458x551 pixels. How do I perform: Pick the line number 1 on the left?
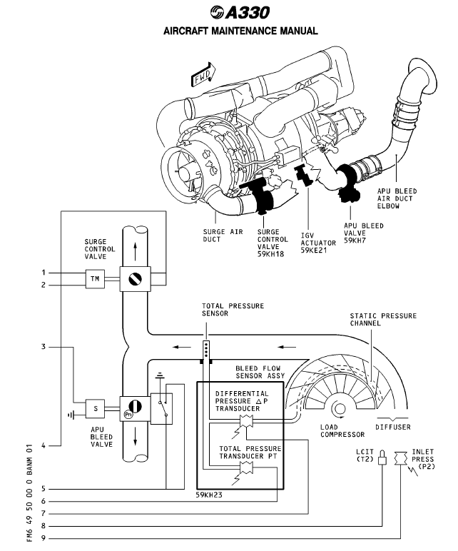(x=44, y=273)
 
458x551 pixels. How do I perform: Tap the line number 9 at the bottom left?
(x=44, y=539)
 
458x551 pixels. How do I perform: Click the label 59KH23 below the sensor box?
(x=210, y=495)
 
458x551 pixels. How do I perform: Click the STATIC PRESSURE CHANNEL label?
(x=383, y=320)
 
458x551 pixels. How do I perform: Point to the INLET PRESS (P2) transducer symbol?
(x=400, y=456)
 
